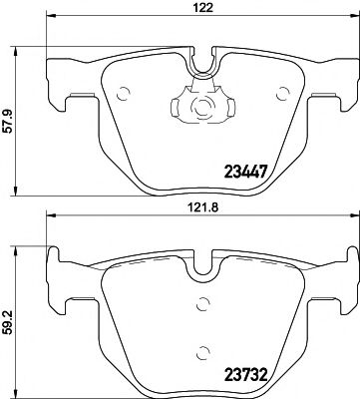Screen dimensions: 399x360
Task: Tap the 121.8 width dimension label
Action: pyautogui.click(x=204, y=212)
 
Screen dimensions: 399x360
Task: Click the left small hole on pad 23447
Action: pyautogui.click(x=124, y=97)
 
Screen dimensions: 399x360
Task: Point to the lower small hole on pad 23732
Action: pyautogui.click(x=203, y=350)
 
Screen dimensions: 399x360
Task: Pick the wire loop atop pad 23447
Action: pyautogui.click(x=203, y=62)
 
